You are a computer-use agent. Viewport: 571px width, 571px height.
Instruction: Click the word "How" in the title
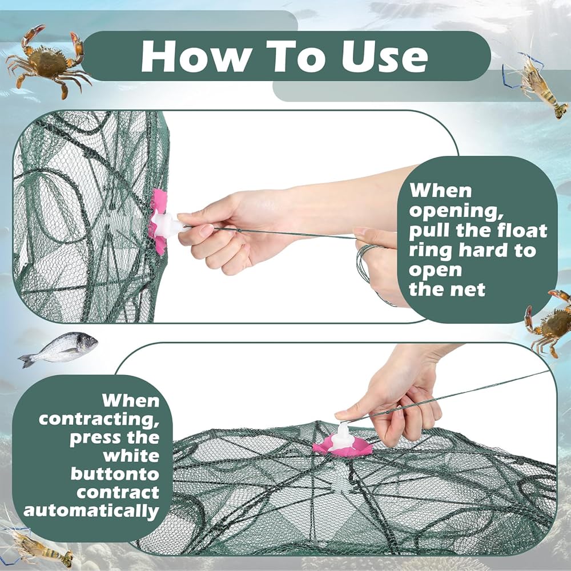pos(193,56)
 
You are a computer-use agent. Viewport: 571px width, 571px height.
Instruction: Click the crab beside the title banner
pos(47,61)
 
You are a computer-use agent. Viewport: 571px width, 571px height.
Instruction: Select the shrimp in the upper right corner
pos(536,84)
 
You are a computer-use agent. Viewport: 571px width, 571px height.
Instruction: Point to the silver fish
pos(58,349)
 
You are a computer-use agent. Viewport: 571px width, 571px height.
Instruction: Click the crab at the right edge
pos(548,322)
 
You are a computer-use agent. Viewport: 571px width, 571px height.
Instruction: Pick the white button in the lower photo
pos(341,437)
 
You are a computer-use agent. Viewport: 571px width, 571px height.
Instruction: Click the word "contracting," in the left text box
pos(99,420)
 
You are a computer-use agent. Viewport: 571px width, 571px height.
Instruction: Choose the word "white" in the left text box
pos(131,456)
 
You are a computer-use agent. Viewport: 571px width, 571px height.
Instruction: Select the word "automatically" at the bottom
pos(91,511)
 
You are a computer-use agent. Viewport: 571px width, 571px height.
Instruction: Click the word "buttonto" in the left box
pos(115,474)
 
